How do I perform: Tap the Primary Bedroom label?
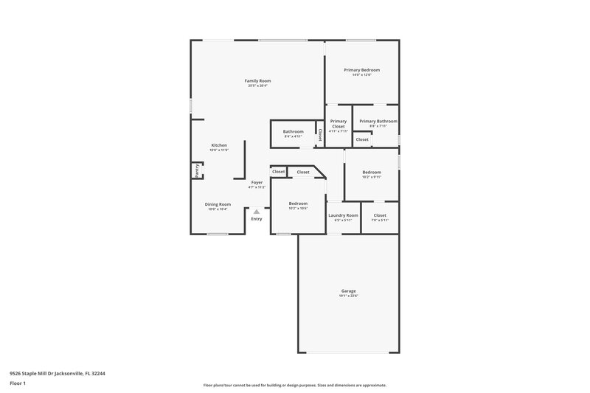(361, 70)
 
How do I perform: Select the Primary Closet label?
(338, 123)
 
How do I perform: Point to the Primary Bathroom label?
(378, 121)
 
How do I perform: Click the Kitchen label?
(219, 145)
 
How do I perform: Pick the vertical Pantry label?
(197, 170)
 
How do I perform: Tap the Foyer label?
(257, 182)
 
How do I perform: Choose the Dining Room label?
(218, 204)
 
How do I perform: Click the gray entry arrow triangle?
(257, 212)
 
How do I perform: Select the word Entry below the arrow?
(257, 219)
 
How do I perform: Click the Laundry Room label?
(343, 215)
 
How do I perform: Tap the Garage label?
(348, 291)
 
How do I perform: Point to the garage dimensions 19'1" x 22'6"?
(348, 296)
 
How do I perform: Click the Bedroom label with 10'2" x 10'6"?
(298, 204)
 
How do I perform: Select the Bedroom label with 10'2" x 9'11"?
(372, 172)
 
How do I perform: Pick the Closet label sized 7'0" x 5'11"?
(379, 215)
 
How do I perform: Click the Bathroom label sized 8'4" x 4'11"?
(293, 131)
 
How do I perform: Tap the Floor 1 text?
(18, 384)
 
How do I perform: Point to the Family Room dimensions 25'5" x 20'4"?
(257, 86)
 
